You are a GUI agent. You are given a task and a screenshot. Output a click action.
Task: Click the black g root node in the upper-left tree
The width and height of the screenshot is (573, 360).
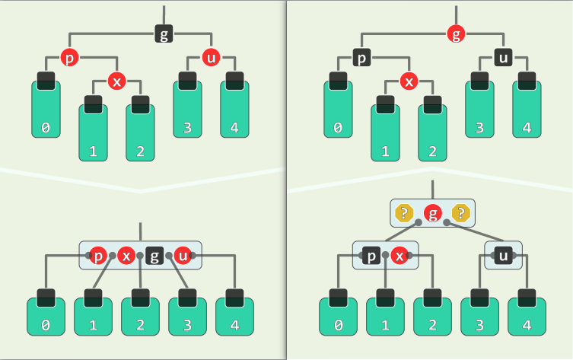click(164, 33)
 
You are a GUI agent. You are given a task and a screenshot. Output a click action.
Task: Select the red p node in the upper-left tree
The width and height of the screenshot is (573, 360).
click(69, 57)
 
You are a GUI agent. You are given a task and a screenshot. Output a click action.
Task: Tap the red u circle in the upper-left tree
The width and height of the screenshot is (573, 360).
click(211, 57)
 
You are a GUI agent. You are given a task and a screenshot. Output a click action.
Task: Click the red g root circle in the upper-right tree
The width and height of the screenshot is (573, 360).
click(456, 33)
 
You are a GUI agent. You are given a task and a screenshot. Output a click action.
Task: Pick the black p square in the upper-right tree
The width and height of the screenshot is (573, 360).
click(361, 57)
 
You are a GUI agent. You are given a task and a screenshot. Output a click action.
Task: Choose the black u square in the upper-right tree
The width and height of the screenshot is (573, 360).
click(503, 57)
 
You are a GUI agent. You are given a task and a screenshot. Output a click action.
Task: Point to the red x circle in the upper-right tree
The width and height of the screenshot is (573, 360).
click(409, 81)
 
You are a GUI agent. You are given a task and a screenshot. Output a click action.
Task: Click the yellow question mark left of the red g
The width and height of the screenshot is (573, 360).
click(405, 213)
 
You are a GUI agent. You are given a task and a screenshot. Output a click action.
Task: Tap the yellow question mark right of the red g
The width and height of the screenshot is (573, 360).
click(460, 213)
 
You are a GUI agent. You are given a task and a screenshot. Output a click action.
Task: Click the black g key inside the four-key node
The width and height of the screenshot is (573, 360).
click(154, 255)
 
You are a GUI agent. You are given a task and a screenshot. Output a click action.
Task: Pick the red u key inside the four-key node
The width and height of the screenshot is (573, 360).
click(183, 255)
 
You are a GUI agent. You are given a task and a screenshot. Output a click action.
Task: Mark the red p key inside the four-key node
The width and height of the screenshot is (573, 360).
click(98, 255)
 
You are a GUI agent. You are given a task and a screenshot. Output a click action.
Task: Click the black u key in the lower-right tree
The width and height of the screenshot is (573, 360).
click(503, 255)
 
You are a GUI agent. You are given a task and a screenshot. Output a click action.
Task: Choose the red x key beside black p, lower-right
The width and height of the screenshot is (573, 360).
click(399, 255)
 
